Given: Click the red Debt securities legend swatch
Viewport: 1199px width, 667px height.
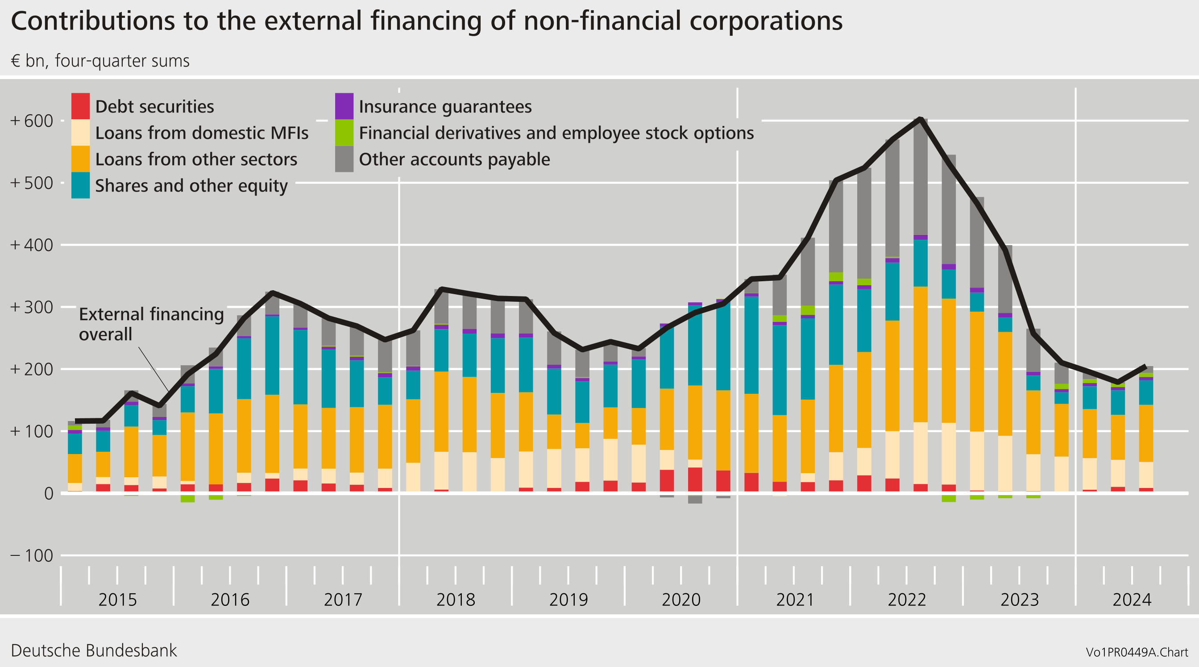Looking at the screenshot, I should point(80,106).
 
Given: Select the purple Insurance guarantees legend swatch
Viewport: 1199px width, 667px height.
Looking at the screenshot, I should point(344,106).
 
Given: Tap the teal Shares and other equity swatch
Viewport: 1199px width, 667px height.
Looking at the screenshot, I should point(80,185).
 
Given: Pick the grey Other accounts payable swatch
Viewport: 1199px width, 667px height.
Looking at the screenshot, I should point(344,159).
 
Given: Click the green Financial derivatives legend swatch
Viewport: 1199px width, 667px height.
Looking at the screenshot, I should point(344,133).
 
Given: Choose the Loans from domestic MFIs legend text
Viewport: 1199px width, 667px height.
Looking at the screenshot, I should point(202,133).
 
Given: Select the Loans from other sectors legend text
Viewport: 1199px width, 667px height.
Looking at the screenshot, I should point(196,159).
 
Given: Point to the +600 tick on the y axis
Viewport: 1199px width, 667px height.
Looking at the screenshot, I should point(32,121).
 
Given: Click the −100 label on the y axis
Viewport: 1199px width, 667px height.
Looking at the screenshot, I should point(32,556).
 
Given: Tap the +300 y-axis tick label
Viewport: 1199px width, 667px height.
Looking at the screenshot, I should point(32,308).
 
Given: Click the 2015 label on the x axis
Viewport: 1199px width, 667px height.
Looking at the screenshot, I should point(117,600).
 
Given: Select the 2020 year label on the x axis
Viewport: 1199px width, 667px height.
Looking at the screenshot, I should point(681,600).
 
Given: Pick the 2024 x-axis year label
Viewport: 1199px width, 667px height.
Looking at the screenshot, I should point(1132,600).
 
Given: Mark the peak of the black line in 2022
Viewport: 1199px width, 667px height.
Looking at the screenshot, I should point(920,119).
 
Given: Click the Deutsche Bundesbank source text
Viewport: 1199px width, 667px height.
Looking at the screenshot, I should point(94,650).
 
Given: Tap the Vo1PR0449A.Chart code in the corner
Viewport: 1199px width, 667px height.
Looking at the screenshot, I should point(1137,652).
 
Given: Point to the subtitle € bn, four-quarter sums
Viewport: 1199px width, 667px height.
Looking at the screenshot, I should point(100,61).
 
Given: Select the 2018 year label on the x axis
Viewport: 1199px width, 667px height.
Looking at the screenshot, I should point(455,600).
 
